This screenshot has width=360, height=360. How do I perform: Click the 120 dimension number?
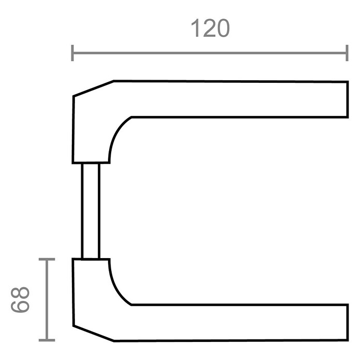pos(210,28)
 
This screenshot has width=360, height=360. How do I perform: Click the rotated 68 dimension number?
pos(20,299)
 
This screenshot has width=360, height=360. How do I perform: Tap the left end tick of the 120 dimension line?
pos(72,53)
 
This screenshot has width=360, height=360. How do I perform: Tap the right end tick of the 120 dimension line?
pos(347,53)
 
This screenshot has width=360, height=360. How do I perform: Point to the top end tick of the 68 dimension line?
pos(47,259)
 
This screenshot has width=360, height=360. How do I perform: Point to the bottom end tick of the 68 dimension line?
pos(47,340)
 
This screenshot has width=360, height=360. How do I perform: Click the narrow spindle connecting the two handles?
pos(91,211)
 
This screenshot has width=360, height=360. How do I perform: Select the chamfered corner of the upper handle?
pos(94,88)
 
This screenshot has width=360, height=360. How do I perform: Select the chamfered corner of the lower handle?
pos(94,334)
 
